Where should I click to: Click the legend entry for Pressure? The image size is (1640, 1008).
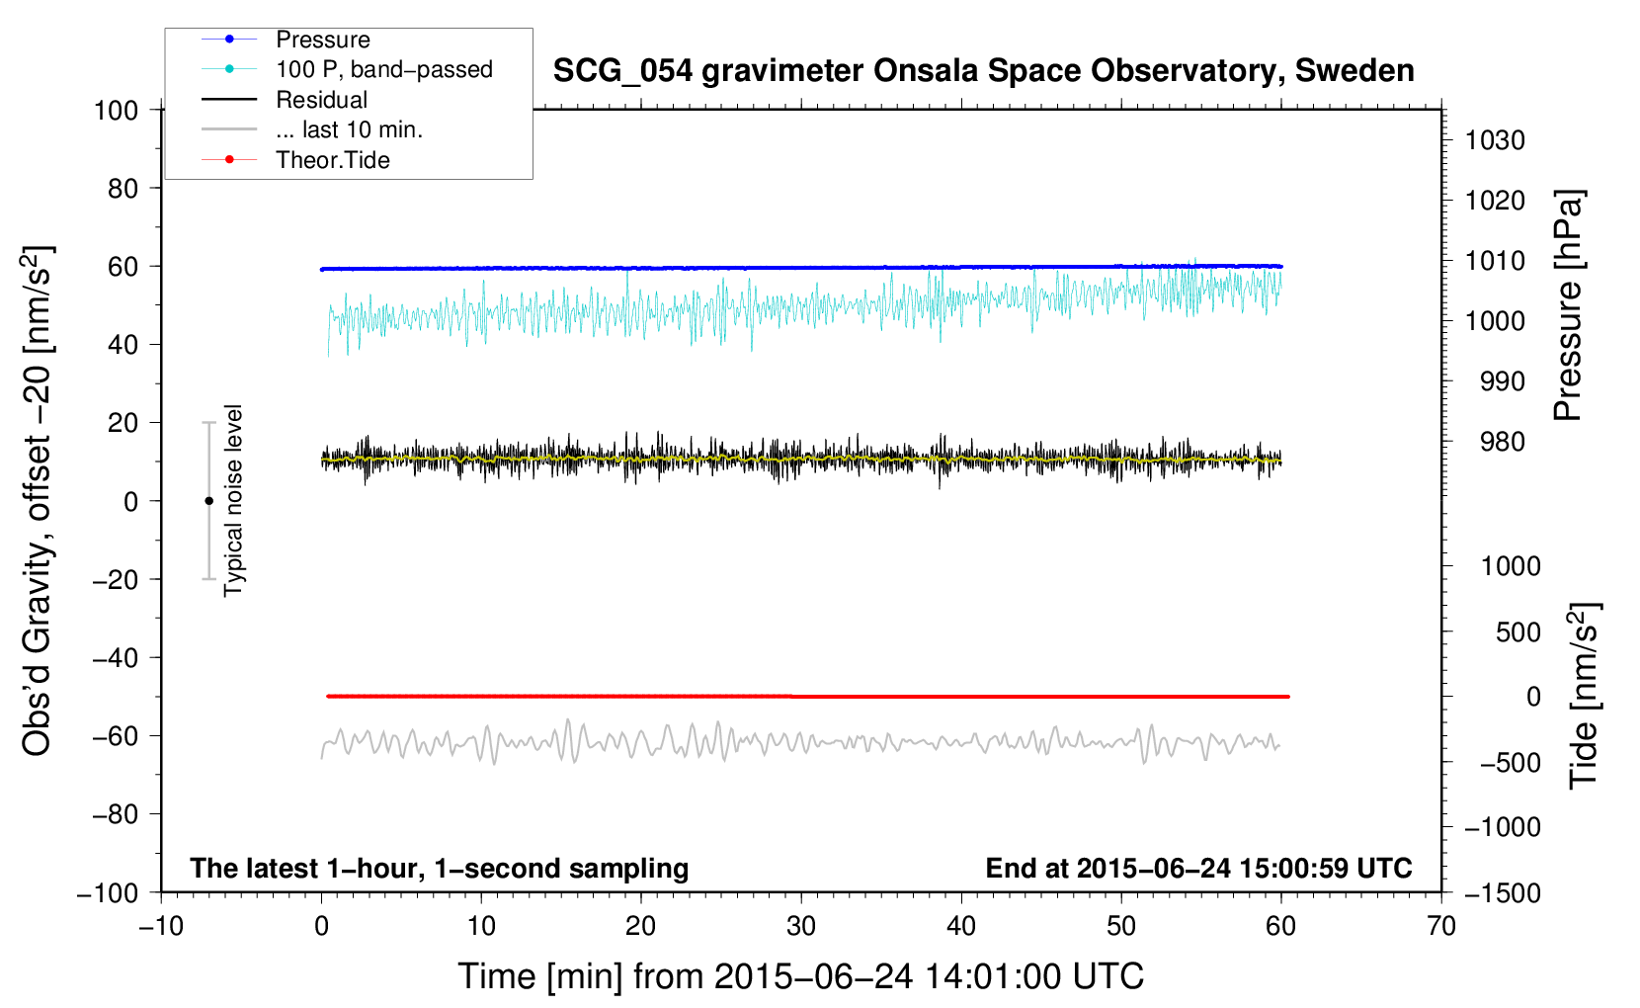point(323,40)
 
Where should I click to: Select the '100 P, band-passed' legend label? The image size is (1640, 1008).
point(384,69)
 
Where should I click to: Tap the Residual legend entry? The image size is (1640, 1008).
point(321,100)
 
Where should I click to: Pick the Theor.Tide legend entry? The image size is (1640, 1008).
point(332,160)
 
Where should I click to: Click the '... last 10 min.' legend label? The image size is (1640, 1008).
point(349,129)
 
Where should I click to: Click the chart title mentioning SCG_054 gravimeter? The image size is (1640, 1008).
point(983,71)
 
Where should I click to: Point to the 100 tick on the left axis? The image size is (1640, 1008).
point(116,111)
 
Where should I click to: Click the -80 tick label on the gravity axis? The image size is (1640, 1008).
point(115,814)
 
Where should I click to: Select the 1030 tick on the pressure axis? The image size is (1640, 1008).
point(1495,140)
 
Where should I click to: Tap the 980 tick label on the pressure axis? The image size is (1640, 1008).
point(1502,442)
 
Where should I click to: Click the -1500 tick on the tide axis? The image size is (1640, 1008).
point(1503,893)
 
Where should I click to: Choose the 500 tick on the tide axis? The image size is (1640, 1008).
point(1518,632)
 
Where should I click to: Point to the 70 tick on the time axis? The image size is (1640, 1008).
point(1440,927)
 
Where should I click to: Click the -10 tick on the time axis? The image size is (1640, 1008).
point(161,927)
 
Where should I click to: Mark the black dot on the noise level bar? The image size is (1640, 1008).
point(208,501)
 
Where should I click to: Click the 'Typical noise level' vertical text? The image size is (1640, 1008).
point(233,501)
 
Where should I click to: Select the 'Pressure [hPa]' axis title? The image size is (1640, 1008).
point(1568,305)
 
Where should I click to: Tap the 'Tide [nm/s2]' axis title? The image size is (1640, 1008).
point(1584,696)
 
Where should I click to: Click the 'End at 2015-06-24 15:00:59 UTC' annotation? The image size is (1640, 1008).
point(1198,868)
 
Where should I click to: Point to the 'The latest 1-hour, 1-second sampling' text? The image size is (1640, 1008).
point(440,869)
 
